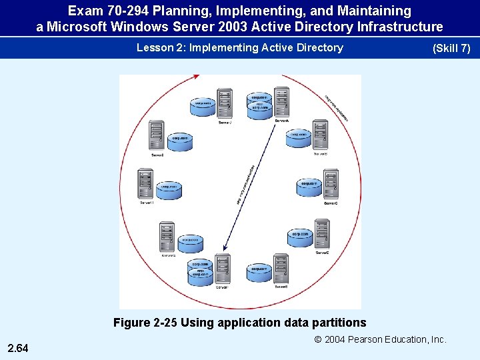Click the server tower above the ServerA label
(x=281, y=102)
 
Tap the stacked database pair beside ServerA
(x=259, y=106)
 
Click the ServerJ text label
(x=225, y=122)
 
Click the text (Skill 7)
(x=451, y=48)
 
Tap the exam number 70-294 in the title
(x=117, y=11)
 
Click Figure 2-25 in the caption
(x=145, y=323)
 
